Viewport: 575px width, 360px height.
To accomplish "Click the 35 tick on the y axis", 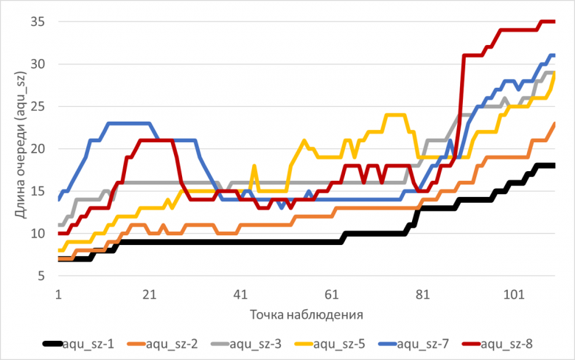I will point(38,22).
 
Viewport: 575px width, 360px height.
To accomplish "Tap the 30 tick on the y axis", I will point(38,64).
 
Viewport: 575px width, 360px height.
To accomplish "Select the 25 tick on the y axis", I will point(38,107).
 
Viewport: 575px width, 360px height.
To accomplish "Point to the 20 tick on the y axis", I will point(38,149).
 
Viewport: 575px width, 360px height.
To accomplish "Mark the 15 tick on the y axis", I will point(38,191).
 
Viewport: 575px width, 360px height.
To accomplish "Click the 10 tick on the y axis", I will point(38,234).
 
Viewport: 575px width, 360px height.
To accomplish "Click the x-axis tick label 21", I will point(149,294).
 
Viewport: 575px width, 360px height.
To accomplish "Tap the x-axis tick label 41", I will point(240,294).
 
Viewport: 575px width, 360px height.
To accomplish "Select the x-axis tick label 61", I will point(331,294).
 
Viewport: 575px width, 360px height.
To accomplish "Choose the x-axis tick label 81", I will point(422,294).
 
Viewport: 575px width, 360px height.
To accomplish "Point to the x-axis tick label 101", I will point(514,294).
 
